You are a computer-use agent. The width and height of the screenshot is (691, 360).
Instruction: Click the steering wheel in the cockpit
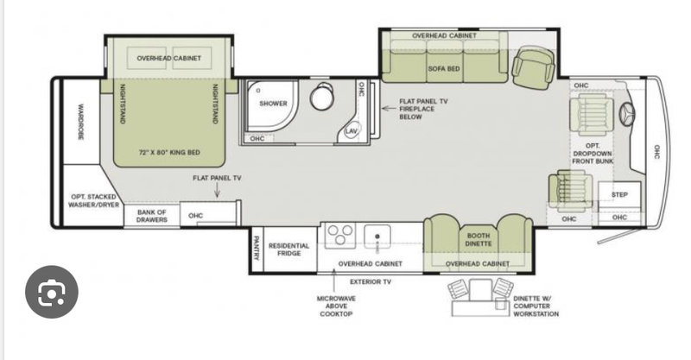pos(628,115)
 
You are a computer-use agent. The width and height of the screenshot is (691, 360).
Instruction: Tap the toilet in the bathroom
pos(323,97)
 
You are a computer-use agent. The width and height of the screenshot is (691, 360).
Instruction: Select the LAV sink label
pos(352,131)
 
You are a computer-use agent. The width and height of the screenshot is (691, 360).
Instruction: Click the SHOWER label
pos(273,104)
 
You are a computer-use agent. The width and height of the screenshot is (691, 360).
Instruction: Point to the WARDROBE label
pos(80,122)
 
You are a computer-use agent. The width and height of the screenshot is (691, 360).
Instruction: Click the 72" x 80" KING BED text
pos(169,153)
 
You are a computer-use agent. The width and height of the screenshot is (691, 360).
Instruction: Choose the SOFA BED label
pos(444,69)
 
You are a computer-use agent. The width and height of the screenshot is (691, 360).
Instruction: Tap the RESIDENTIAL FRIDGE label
pos(289,249)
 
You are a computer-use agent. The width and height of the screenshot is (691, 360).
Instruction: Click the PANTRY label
pos(257,248)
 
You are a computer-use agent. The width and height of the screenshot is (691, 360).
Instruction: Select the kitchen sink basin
pos(377,237)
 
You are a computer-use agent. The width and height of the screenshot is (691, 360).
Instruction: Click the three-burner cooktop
pos(340,236)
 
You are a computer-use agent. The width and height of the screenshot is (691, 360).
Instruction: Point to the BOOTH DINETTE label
pos(479,239)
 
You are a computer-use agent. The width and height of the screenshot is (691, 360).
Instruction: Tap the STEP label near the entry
pos(619,194)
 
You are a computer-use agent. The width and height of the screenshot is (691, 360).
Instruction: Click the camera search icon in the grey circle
pos(52,292)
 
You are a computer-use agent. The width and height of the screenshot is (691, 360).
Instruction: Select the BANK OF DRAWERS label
pos(152,216)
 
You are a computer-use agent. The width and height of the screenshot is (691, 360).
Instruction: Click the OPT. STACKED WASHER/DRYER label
pos(94,200)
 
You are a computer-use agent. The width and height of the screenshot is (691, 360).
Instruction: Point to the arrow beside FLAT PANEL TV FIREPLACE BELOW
pos(388,109)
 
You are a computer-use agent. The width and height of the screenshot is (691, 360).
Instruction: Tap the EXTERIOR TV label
pos(371,281)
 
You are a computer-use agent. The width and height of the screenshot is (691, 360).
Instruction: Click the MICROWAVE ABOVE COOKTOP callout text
pos(336,306)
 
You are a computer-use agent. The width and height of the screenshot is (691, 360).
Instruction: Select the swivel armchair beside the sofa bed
pos(533,67)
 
